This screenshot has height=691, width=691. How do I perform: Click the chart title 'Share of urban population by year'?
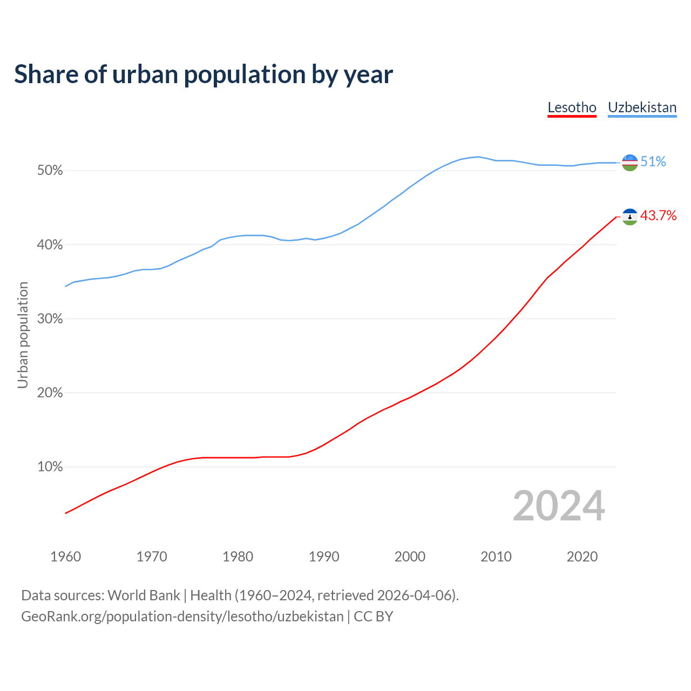[x=204, y=74]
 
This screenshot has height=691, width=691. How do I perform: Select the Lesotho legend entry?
[x=572, y=107]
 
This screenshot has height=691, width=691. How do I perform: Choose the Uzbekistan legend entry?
[x=642, y=107]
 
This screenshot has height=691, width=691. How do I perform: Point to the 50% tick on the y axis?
[x=50, y=171]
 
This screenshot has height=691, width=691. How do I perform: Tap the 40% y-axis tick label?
[x=50, y=245]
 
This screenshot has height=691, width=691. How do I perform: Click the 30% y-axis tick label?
[x=50, y=319]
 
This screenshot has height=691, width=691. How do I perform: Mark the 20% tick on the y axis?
[x=50, y=393]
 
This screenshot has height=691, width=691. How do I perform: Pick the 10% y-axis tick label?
[x=50, y=467]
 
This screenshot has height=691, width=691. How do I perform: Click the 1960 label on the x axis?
[x=65, y=557]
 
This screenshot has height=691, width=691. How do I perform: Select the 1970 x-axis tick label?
[x=152, y=557]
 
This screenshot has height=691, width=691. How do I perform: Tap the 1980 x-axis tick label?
[x=238, y=557]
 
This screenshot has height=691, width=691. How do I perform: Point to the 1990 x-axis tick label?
[x=324, y=557]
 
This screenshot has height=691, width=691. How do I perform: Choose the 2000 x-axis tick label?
[x=410, y=557]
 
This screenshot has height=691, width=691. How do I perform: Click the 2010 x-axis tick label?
[x=496, y=557]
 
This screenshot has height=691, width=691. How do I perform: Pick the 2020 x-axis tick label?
[x=582, y=557]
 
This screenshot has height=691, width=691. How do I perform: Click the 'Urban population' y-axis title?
[x=23, y=335]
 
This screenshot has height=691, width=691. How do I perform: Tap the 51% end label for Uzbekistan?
[x=653, y=162]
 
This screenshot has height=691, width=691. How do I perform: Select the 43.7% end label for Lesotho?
[x=658, y=216]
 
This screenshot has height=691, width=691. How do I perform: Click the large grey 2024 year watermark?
[x=559, y=506]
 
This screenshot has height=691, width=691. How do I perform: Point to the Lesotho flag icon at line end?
[x=630, y=216]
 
